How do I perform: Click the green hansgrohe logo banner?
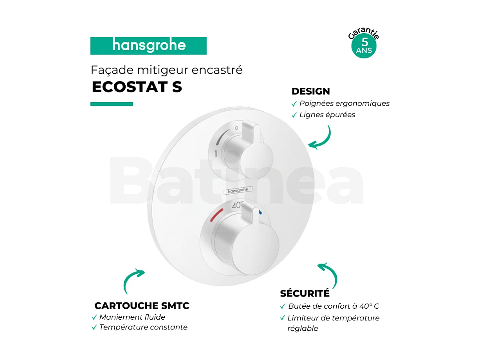[148, 46]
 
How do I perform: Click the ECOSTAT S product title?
[137, 87]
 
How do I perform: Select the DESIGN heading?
[310, 91]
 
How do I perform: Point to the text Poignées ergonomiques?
[344, 103]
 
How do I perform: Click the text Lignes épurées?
[327, 115]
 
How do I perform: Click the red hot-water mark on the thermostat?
[216, 214]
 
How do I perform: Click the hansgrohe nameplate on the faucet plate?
[238, 190]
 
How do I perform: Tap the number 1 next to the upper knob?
[216, 154]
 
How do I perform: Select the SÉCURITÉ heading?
[305, 293]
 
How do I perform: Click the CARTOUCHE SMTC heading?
[142, 306]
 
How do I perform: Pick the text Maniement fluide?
[132, 317]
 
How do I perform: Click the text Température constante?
[143, 327]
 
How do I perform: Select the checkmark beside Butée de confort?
[283, 307]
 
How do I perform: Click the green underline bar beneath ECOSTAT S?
[112, 104]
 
